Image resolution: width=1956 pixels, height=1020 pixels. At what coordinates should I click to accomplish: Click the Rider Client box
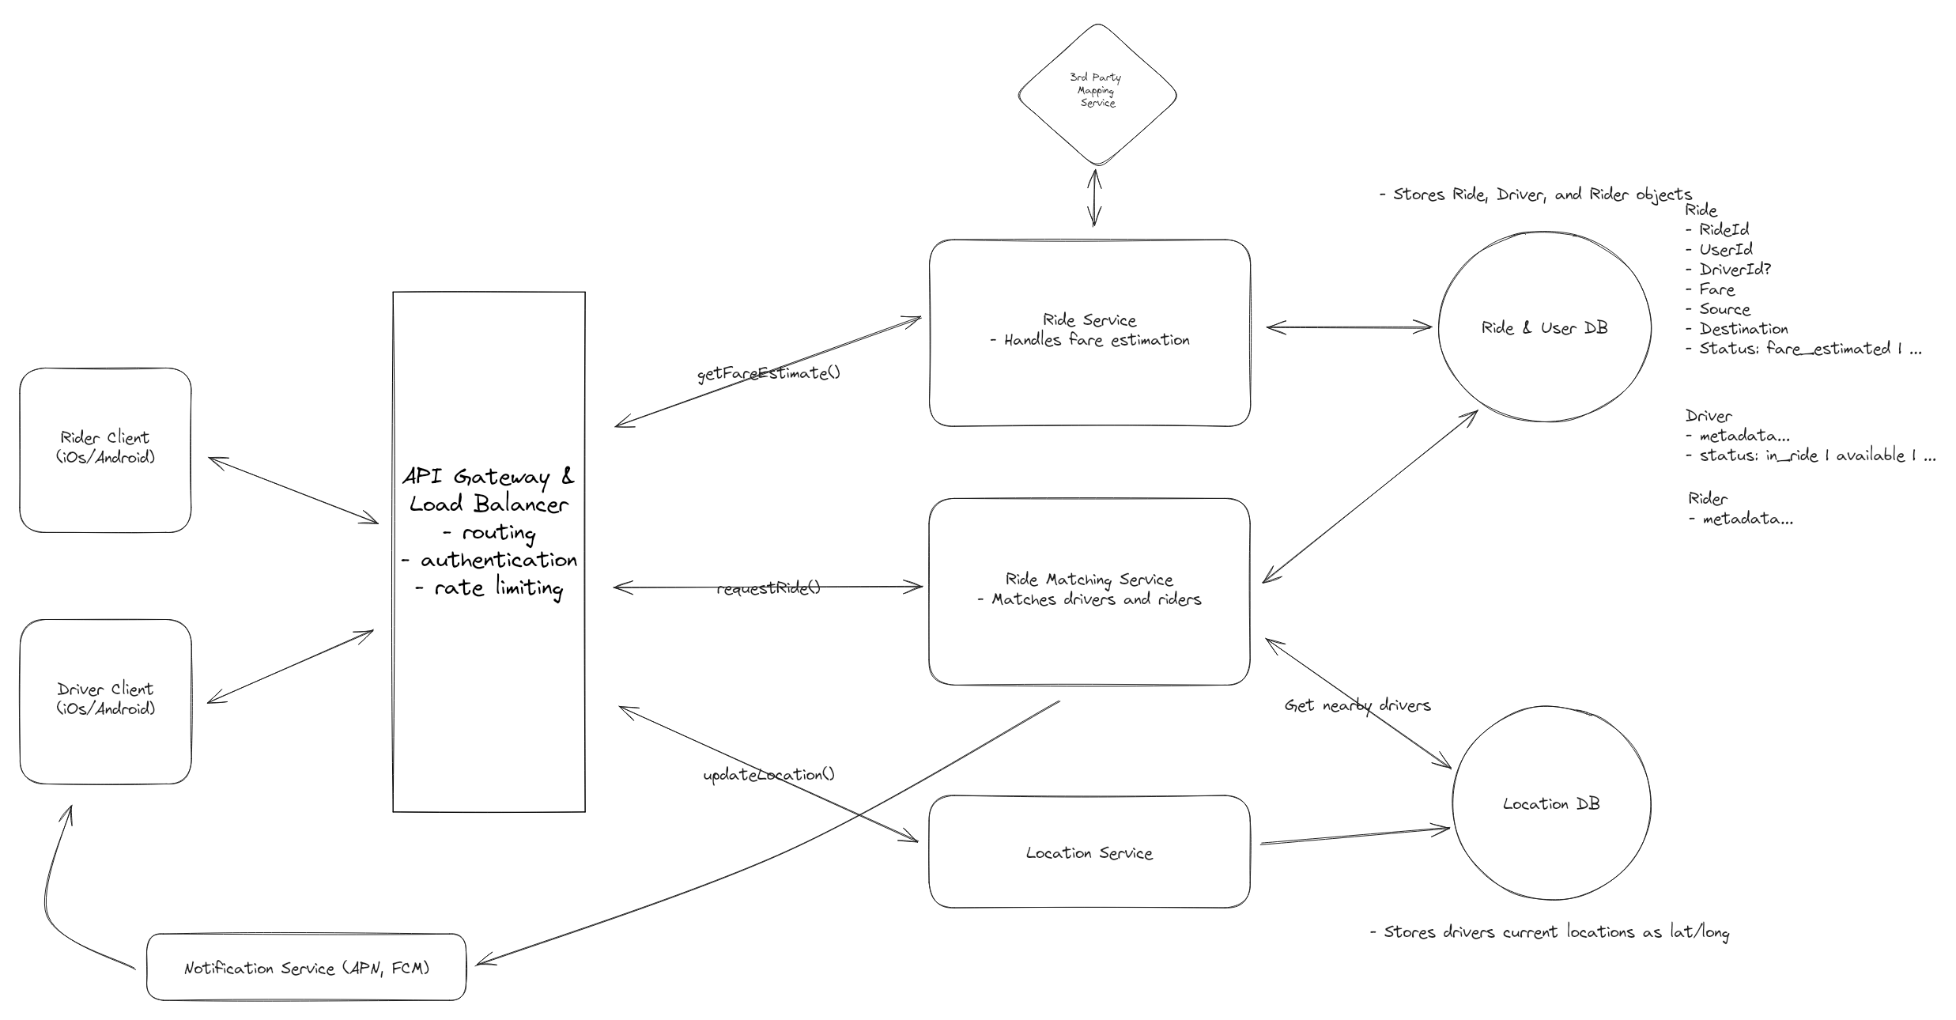(x=105, y=449)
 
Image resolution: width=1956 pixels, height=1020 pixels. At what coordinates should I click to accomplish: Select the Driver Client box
(x=105, y=701)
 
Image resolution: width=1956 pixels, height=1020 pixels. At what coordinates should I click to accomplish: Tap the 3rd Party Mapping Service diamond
(x=1097, y=93)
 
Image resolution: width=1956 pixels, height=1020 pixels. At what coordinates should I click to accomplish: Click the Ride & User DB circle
(x=1543, y=327)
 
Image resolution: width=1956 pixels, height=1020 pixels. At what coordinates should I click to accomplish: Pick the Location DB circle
(x=1550, y=804)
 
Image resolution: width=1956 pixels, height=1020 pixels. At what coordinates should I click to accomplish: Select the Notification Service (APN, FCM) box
(x=306, y=968)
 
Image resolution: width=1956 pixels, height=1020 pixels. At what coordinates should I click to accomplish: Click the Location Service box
(x=1089, y=852)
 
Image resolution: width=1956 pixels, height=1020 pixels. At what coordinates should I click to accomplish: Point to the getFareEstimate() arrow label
(x=768, y=373)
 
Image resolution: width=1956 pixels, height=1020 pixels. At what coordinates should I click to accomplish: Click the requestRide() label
(x=768, y=588)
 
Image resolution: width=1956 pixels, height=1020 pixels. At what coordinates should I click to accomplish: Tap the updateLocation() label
(x=768, y=775)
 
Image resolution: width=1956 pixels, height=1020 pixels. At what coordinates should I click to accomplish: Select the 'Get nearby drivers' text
(x=1357, y=705)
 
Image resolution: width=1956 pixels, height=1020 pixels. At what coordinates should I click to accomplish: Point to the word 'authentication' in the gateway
(x=498, y=560)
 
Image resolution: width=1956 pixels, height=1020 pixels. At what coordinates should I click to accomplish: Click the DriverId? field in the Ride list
(x=1734, y=270)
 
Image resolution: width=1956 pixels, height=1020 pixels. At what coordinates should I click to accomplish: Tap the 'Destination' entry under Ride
(x=1743, y=329)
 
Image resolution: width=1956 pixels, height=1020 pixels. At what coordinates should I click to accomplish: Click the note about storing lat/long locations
(x=1550, y=932)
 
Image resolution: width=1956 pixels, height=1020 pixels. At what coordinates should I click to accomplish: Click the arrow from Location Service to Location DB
(x=1354, y=836)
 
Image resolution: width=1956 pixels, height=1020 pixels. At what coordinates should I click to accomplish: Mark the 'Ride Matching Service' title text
(x=1089, y=580)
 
